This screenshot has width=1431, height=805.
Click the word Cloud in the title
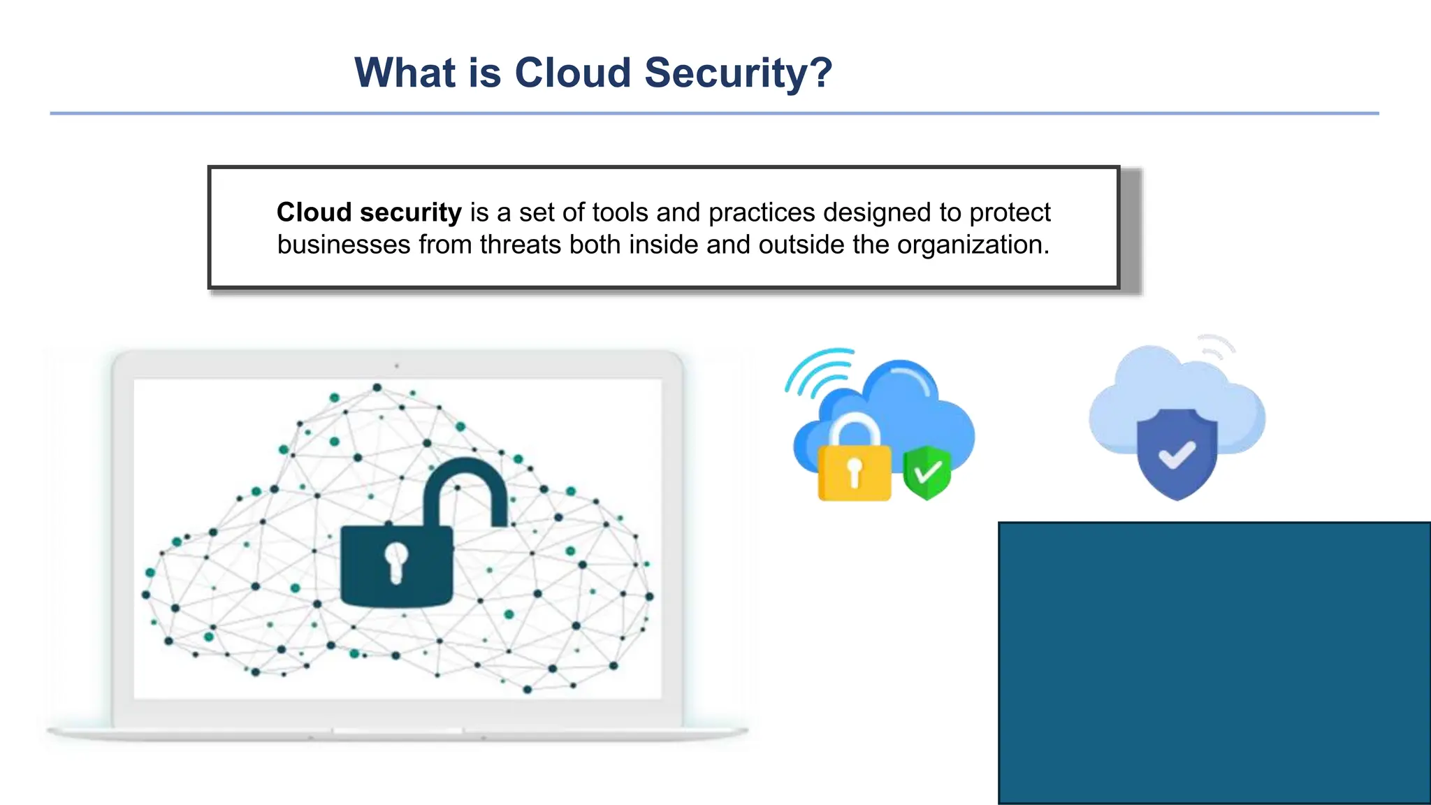tap(573, 73)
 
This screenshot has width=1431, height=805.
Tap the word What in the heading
tap(405, 73)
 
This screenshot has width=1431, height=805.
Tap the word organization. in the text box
tap(973, 245)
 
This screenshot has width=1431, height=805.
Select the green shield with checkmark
tap(927, 472)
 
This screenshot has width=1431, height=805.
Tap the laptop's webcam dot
tap(397, 365)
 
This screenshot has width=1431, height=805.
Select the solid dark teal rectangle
tap(1214, 662)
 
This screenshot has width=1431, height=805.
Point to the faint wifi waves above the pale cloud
tap(1216, 346)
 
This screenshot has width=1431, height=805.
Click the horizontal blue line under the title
tap(714, 113)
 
